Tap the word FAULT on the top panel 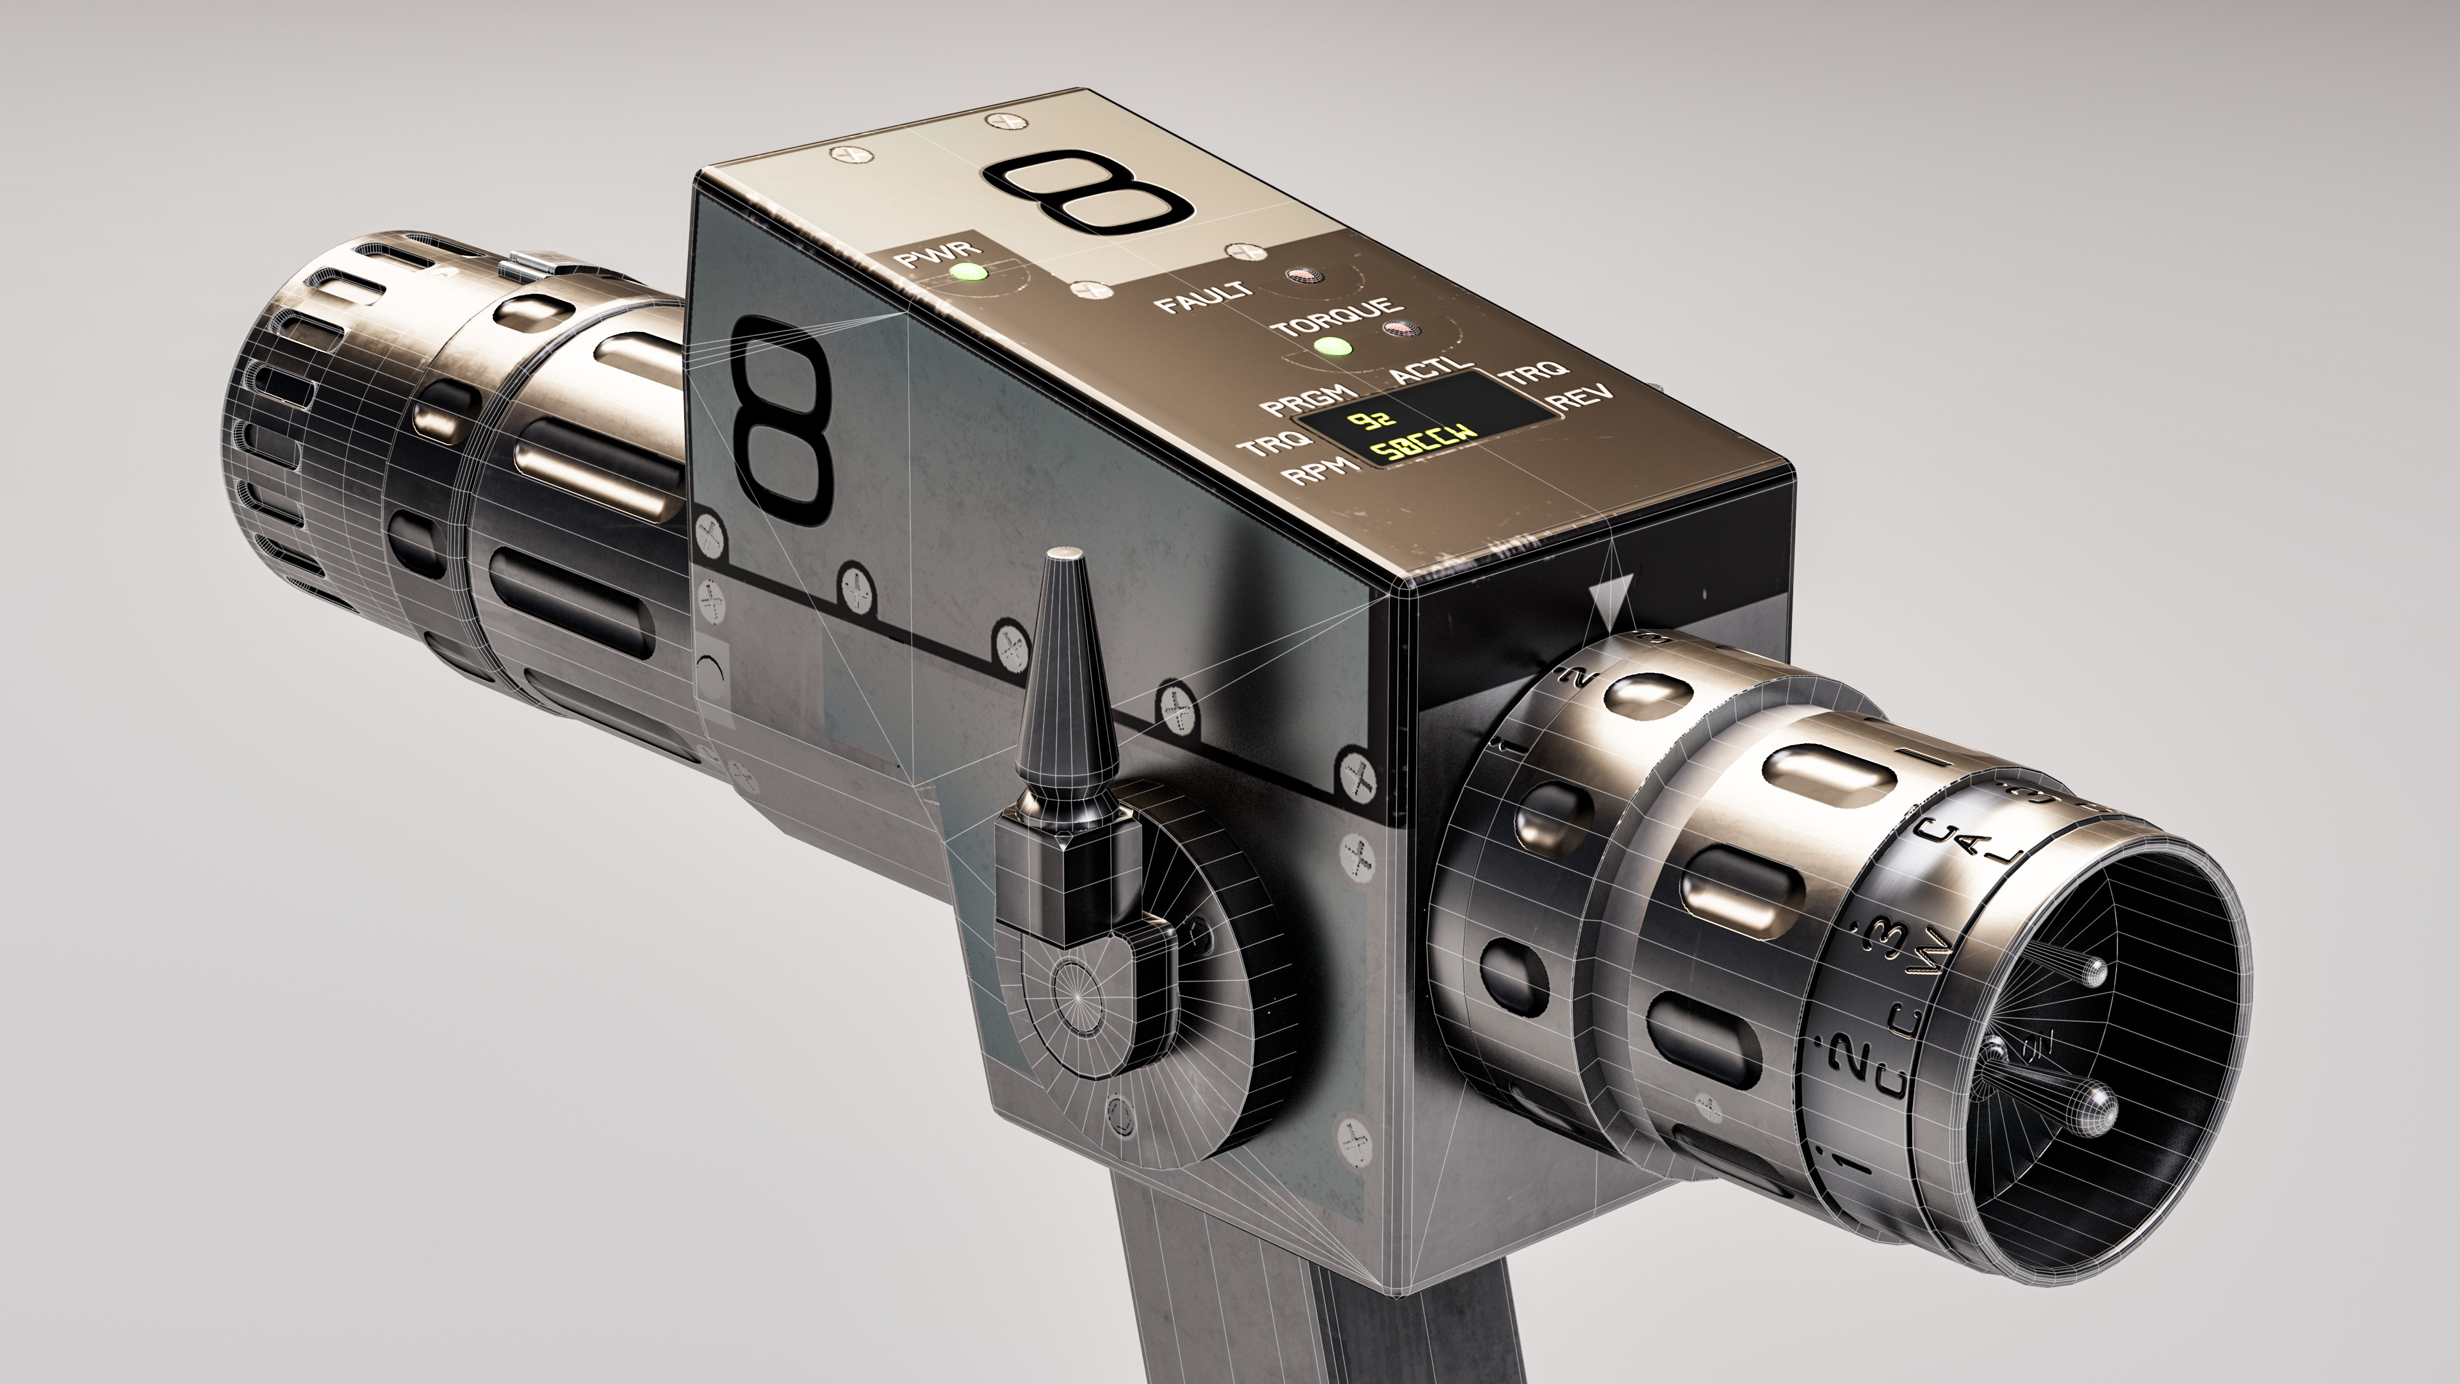[x=1202, y=297]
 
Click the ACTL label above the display [x=1430, y=370]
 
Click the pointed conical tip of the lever [x=1067, y=558]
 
